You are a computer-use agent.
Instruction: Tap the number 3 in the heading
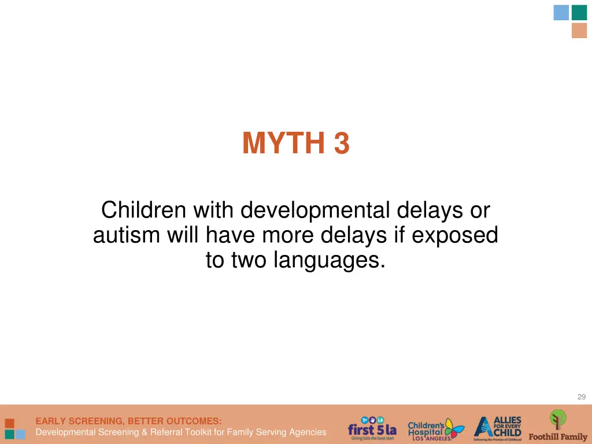[342, 143]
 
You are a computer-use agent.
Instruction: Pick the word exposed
[460, 235]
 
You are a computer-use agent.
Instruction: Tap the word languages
[328, 260]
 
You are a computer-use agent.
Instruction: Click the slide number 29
[581, 397]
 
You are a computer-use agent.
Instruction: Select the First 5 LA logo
[372, 428]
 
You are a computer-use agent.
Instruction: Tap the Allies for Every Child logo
[498, 428]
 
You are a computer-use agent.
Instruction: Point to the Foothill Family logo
[558, 426]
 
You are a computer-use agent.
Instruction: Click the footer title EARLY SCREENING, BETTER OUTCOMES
[128, 421]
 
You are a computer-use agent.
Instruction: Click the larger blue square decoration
[561, 13]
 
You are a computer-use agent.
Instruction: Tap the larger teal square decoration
[579, 13]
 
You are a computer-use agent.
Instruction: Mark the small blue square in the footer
[20, 434]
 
